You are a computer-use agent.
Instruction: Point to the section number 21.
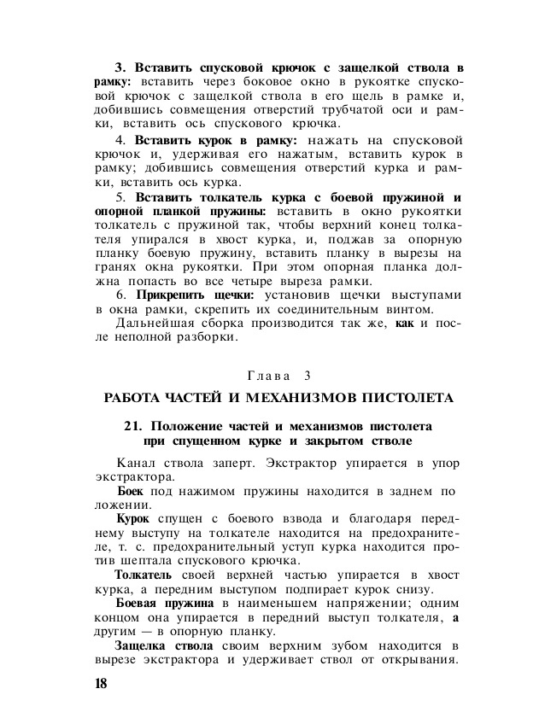(x=133, y=425)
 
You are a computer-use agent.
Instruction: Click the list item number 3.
(x=120, y=67)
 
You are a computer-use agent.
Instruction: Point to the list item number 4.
(x=120, y=139)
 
